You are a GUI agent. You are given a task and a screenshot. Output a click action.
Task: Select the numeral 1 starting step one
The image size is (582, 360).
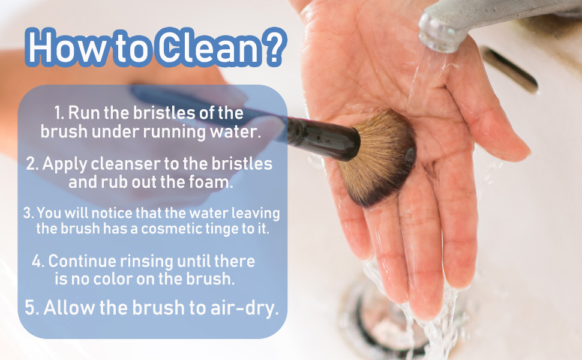click(x=58, y=113)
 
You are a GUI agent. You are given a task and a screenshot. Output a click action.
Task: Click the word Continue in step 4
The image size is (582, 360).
click(x=82, y=262)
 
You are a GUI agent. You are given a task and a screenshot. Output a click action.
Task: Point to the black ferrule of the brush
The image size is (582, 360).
click(x=324, y=137)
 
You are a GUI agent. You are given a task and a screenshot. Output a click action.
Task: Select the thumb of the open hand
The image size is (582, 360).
click(x=492, y=114)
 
